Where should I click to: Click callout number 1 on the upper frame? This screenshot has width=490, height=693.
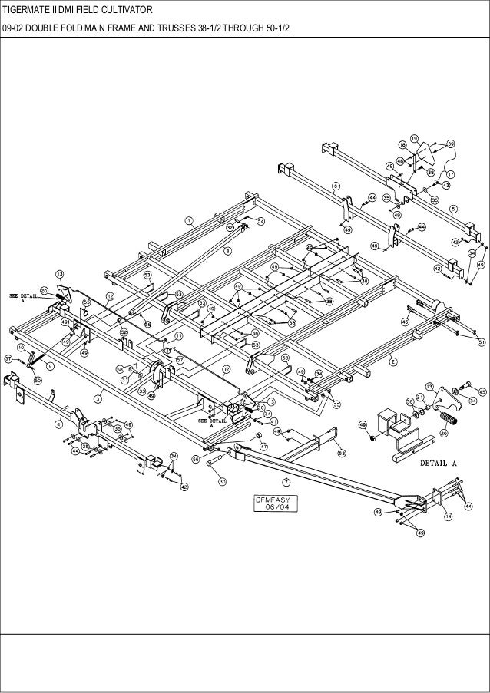[188, 221]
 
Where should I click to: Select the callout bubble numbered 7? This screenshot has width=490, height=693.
[286, 481]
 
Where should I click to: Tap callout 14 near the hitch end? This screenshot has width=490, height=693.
[448, 517]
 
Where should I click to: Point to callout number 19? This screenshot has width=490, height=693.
[414, 137]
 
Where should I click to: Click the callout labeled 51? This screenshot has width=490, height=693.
[482, 341]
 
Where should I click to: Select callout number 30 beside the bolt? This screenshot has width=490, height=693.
[223, 481]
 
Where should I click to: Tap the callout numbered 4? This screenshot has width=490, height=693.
[59, 423]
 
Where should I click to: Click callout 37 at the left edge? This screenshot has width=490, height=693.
[8, 358]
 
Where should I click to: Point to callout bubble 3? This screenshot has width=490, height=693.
[98, 398]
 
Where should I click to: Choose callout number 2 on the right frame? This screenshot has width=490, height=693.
[392, 362]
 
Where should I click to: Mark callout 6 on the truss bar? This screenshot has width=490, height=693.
[336, 186]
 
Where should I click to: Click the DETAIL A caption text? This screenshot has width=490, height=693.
[439, 464]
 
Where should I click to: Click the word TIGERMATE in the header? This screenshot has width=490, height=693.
[28, 9]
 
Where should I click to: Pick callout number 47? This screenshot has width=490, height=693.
[263, 445]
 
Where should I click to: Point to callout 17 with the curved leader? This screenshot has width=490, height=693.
[451, 174]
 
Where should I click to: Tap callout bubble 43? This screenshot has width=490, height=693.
[445, 185]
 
